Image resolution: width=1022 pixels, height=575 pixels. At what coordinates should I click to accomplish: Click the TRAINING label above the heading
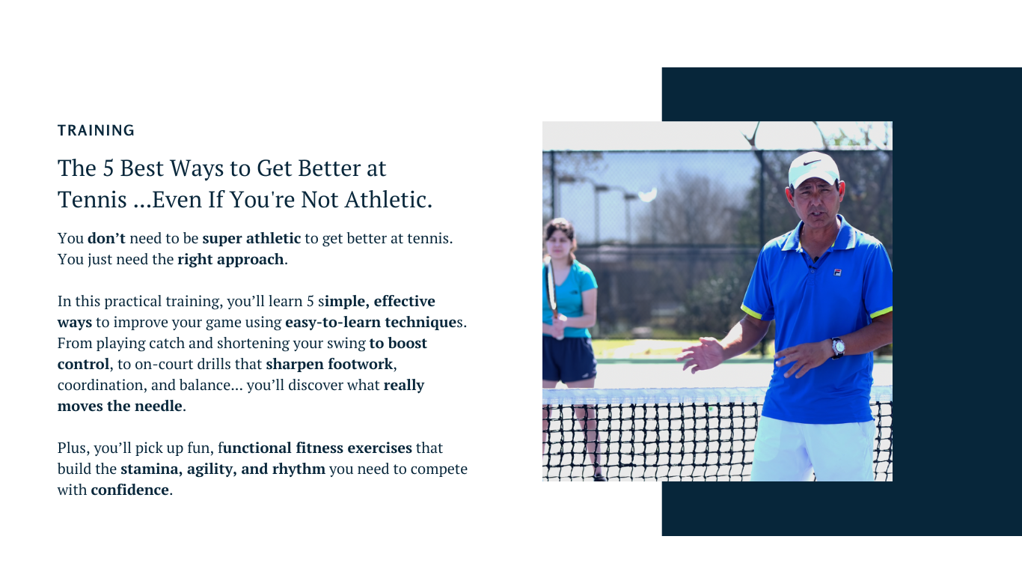point(96,130)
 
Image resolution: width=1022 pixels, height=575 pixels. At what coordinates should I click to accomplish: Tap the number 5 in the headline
point(108,168)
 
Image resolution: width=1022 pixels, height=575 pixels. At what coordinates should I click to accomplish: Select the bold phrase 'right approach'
point(230,259)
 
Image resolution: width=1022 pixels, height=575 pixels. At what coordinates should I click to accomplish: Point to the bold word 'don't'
point(106,238)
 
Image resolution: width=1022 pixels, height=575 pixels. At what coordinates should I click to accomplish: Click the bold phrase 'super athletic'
point(251,238)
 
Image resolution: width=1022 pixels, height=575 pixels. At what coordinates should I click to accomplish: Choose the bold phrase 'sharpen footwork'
point(329,364)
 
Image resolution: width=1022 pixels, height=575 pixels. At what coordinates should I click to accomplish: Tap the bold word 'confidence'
point(129,490)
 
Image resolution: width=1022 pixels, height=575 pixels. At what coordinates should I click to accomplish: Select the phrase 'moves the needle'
point(120,406)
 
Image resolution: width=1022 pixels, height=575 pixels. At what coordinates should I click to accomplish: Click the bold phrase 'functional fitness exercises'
point(315,448)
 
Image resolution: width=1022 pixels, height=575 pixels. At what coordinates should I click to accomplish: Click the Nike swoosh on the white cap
point(812,162)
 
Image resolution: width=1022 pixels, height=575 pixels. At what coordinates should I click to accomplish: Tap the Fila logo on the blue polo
point(837,273)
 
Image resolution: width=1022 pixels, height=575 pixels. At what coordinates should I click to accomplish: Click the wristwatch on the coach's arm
point(838,347)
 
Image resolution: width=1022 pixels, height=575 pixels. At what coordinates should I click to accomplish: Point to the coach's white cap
point(813,169)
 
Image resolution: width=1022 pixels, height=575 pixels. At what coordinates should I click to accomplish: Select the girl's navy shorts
point(569,359)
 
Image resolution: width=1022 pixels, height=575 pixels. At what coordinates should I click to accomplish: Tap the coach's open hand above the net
point(700,355)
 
